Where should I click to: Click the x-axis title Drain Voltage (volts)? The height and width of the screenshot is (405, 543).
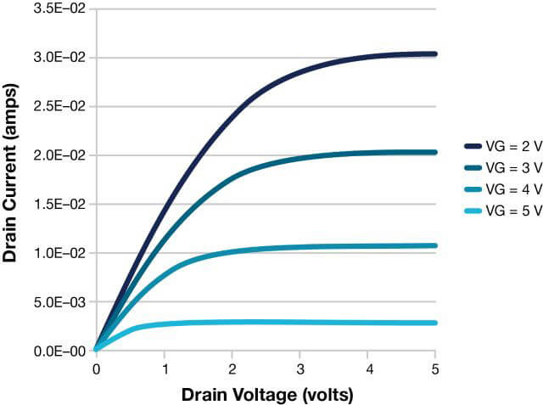(x=266, y=394)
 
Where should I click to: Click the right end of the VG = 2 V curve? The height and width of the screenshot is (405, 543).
(x=434, y=53)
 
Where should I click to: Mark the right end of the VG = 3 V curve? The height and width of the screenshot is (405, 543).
(x=434, y=152)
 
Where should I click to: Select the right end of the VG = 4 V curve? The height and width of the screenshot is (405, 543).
(x=434, y=245)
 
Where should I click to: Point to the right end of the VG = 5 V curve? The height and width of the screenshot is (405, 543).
(x=434, y=323)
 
